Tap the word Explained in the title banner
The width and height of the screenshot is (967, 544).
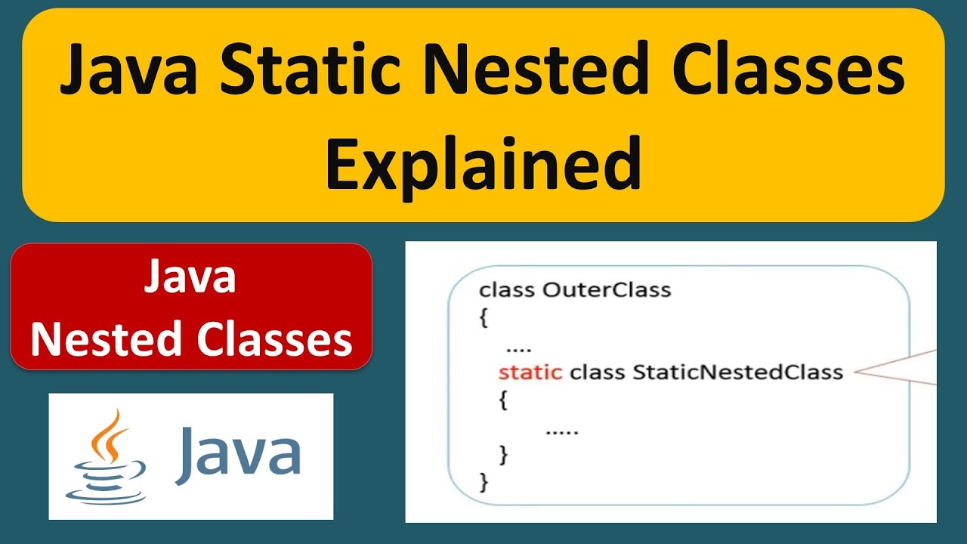[x=483, y=162]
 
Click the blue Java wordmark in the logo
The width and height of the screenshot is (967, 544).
[x=238, y=454]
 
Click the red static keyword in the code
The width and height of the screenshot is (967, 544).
[x=530, y=372]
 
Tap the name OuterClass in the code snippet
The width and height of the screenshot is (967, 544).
[x=607, y=289]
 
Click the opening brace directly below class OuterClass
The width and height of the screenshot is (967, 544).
[x=484, y=318]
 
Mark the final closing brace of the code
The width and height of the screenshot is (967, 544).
[x=484, y=481]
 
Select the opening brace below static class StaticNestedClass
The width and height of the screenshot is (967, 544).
[x=504, y=400]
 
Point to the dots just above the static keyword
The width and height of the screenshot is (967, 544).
[x=519, y=349]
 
